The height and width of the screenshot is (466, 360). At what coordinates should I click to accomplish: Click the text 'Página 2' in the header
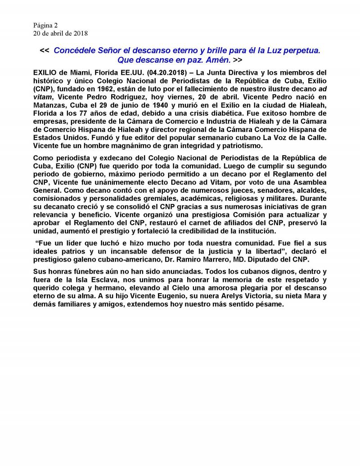click(x=45, y=25)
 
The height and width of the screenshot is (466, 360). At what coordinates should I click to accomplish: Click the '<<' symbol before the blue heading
click(x=45, y=50)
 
